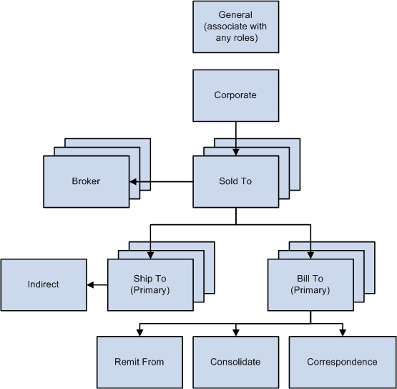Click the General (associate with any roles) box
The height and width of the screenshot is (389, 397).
coord(235,27)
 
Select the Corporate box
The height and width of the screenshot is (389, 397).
coord(235,95)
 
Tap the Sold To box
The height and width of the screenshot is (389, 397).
coord(235,181)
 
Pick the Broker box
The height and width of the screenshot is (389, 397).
coord(86,181)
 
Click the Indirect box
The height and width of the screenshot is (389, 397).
coord(43,284)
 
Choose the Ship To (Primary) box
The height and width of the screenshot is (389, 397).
coord(150,284)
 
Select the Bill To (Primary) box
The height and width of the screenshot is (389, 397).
coord(310,284)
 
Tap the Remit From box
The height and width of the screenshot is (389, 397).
coord(139,362)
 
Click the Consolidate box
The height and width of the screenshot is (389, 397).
coord(235,362)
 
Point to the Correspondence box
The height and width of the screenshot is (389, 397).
coord(342,362)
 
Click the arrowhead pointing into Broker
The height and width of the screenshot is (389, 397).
coord(133,181)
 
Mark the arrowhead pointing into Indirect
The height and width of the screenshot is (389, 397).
coord(90,284)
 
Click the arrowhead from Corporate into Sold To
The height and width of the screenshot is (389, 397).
coord(235,153)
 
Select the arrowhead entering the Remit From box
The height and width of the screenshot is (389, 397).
coord(139,332)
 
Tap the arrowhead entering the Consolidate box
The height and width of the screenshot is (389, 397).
coord(235,332)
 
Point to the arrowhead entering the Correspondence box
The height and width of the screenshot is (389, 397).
coord(342,332)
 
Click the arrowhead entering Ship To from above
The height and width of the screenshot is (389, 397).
coord(150,254)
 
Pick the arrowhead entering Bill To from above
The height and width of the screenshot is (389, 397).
coord(310,254)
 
